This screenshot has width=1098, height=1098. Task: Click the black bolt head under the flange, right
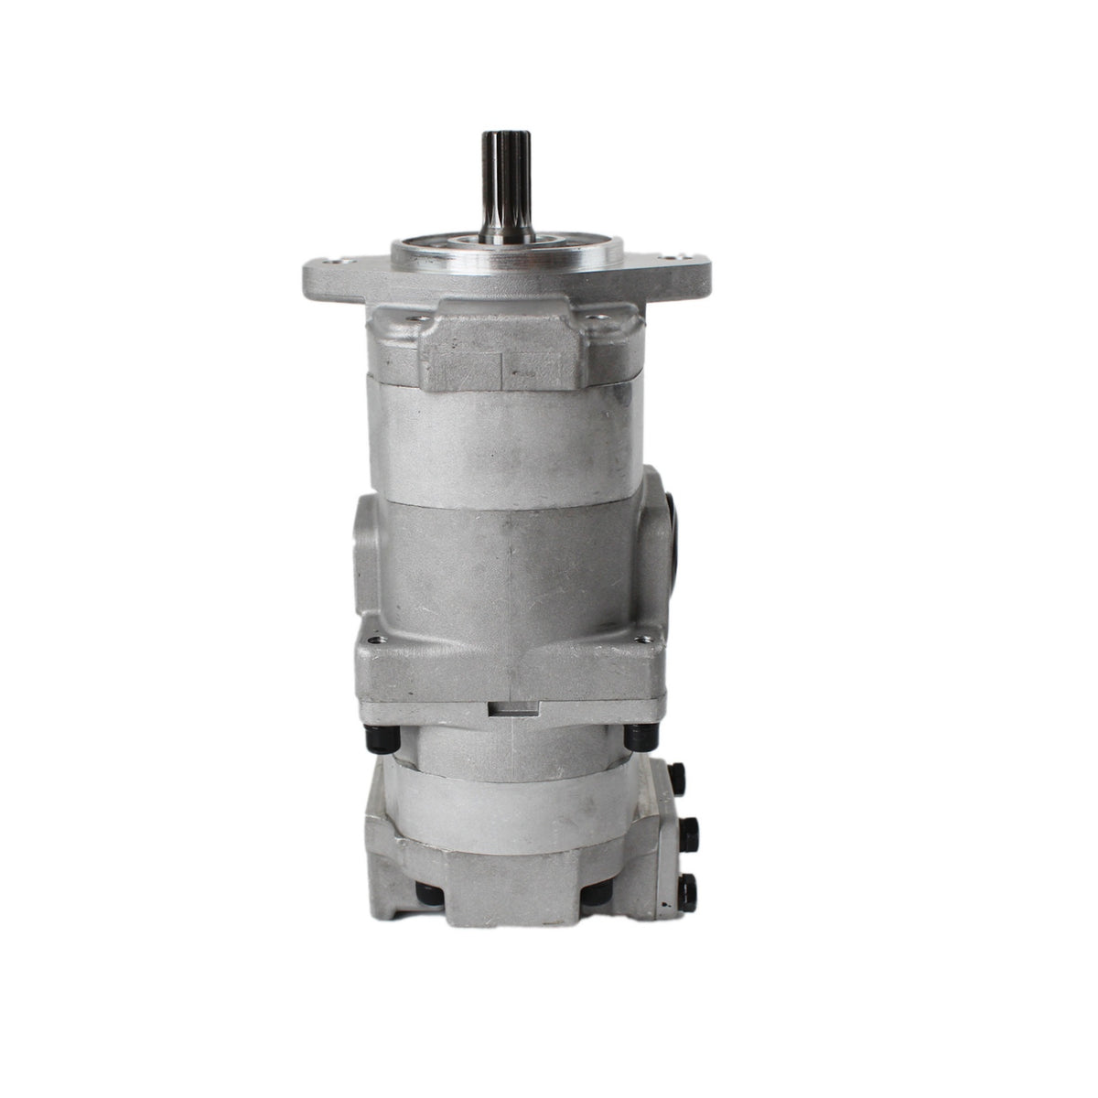(x=631, y=734)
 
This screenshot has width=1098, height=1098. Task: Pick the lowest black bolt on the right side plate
(x=689, y=885)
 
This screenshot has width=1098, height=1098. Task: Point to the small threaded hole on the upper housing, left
(x=422, y=321)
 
